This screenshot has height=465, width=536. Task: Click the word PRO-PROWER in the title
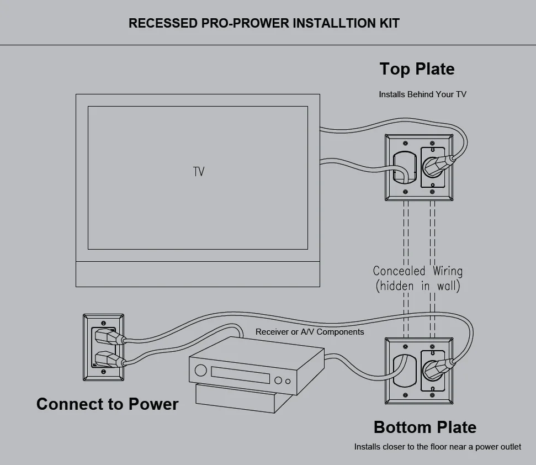tap(243, 23)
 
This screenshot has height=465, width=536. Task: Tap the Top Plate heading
tap(417, 69)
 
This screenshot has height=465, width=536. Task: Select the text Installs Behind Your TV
tap(422, 94)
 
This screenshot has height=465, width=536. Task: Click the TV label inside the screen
tap(199, 172)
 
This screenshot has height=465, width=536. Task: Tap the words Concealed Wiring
tap(417, 271)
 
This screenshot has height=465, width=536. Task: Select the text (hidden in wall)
tap(417, 286)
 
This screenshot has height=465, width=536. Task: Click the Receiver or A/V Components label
tap(310, 332)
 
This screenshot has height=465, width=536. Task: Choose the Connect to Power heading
tap(107, 404)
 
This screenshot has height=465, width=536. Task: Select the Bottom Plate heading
tap(424, 427)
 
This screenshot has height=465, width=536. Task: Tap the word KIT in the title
tap(389, 23)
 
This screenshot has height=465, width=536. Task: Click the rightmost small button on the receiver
tap(288, 381)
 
